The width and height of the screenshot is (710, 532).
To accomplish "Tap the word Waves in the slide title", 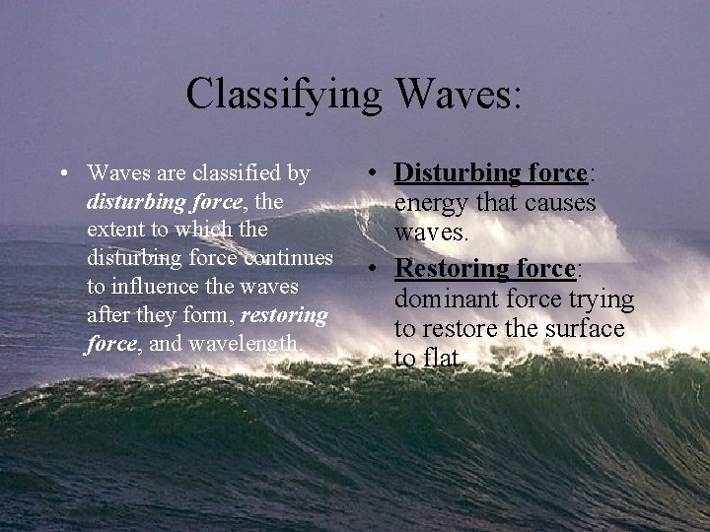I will [x=460, y=96].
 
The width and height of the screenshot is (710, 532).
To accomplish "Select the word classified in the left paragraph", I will [x=224, y=173].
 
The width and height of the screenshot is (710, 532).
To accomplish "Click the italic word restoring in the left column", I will [x=286, y=315].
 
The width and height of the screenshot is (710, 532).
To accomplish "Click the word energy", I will [x=429, y=204].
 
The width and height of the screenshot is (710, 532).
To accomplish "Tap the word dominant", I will [x=450, y=299].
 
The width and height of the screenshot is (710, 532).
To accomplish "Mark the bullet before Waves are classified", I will [x=63, y=175].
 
